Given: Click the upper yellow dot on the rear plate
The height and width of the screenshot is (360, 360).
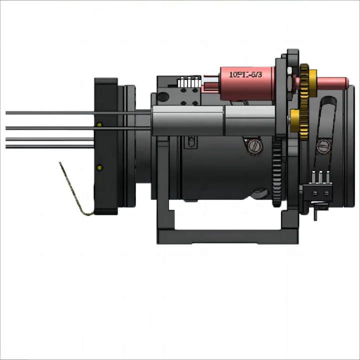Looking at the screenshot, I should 99,124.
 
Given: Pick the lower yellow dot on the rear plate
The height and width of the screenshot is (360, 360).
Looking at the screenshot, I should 99,167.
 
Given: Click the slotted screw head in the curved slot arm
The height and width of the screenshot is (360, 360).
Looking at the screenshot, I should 322,145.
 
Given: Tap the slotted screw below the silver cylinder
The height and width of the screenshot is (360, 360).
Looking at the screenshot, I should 254,146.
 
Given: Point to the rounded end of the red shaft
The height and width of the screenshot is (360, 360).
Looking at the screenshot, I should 345,80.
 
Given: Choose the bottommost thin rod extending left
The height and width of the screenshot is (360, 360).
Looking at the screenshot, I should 50,145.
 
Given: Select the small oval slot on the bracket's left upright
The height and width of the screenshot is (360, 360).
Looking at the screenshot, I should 189,143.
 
